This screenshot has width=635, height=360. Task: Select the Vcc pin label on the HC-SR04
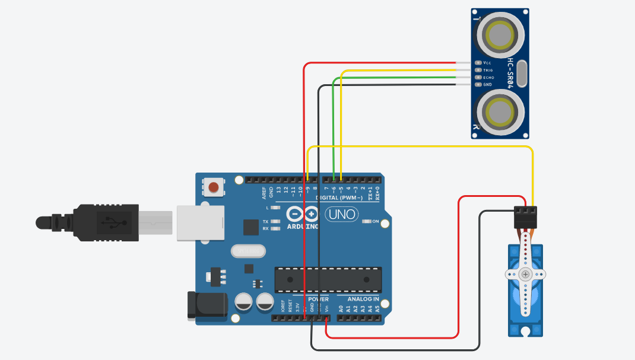pyautogui.click(x=487, y=63)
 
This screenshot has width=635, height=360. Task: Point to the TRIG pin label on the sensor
pyautogui.click(x=488, y=70)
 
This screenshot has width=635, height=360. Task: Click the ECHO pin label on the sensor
pyautogui.click(x=488, y=77)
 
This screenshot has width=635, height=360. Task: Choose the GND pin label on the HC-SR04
pyautogui.click(x=487, y=84)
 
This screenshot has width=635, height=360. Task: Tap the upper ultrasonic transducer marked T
pyautogui.click(x=498, y=36)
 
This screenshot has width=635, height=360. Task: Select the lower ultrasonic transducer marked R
pyautogui.click(x=498, y=111)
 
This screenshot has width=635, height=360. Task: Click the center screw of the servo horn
pyautogui.click(x=525, y=275)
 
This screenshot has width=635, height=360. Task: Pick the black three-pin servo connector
pyautogui.click(x=526, y=216)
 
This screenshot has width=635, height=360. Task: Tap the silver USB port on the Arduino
pyautogui.click(x=200, y=223)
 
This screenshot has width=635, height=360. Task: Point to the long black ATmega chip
pyautogui.click(x=328, y=279)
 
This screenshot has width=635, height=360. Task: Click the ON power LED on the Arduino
pyautogui.click(x=366, y=222)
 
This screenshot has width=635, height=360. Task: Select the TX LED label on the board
pyautogui.click(x=265, y=221)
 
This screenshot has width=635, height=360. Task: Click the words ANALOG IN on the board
pyautogui.click(x=363, y=300)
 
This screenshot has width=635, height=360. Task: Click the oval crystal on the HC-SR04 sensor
pyautogui.click(x=522, y=73)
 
